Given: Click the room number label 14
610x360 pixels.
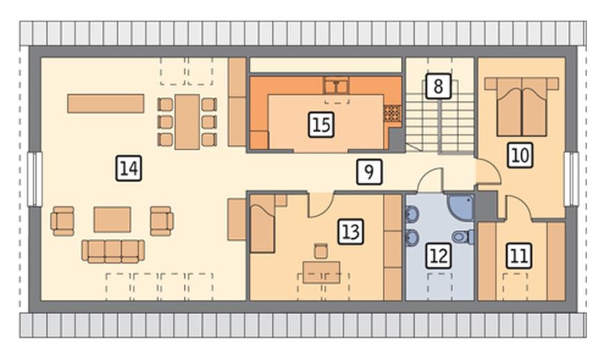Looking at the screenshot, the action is pos(129,168).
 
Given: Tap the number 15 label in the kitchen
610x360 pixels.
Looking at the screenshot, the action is pos(321,125).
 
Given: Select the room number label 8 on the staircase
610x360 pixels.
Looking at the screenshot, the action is pos(438,86).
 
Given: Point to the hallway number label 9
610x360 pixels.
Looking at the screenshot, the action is pos(369,172).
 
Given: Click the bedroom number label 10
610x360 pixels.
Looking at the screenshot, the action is pos(520,155).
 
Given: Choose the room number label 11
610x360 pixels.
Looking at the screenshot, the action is pos(519,255).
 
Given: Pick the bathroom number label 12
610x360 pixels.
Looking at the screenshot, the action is pos(438,255).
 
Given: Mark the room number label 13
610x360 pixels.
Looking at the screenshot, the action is pos(350,231).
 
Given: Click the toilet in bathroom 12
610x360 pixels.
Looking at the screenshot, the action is pos(464,237).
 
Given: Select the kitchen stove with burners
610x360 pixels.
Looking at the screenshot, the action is pos(392,114).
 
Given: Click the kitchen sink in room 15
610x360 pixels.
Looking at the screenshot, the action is pos(337,86).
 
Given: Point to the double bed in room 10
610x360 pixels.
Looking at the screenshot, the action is pos(521,107).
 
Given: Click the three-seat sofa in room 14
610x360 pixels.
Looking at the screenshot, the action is pos(113,251).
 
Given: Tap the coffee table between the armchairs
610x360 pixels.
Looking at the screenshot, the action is pos(112,219).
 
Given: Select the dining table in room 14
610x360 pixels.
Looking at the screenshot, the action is pos(187,122).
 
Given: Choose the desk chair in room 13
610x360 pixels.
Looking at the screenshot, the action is pos(321,251).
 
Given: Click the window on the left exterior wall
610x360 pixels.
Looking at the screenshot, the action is pos(35,179).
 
